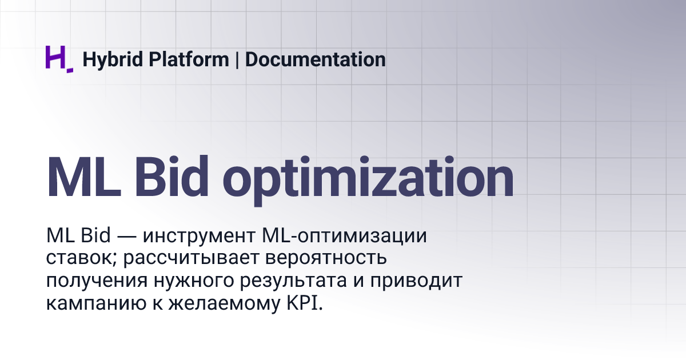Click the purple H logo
click(58, 59)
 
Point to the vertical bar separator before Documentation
click(237, 59)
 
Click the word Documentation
click(315, 59)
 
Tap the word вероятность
click(327, 258)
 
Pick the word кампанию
click(89, 303)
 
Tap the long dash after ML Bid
click(127, 237)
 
